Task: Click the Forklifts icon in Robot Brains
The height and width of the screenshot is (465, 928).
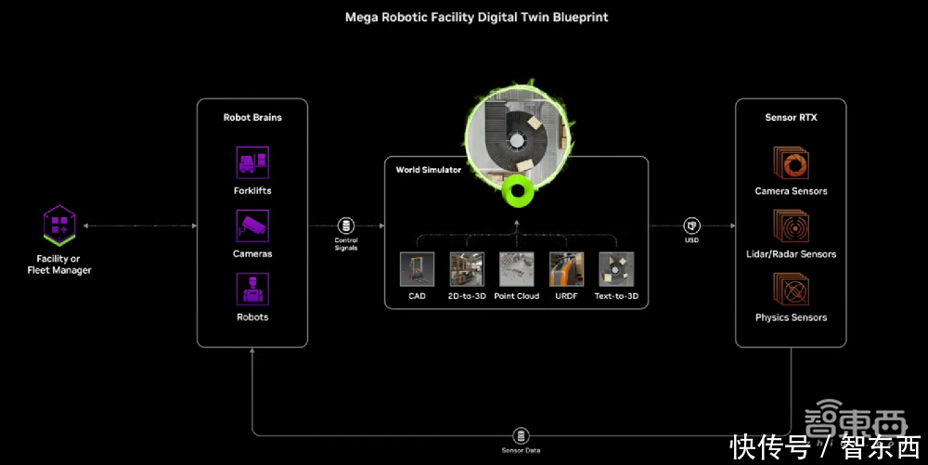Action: [x=252, y=162]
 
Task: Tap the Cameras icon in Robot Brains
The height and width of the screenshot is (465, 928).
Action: [x=252, y=226]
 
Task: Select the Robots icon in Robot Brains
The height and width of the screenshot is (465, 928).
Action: [x=252, y=289]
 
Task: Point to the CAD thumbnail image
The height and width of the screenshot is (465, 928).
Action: [x=417, y=269]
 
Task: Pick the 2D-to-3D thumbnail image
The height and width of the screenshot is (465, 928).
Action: [x=467, y=269]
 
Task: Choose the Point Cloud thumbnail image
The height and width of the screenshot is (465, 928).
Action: [x=517, y=269]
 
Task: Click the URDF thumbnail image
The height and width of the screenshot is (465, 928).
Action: [x=567, y=269]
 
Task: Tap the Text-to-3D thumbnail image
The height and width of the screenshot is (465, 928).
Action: [x=616, y=269]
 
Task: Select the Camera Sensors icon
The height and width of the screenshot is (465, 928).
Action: [x=792, y=163]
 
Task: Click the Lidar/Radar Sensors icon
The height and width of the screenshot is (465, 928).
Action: [x=792, y=226]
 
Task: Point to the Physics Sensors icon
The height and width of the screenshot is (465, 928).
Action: [x=792, y=290]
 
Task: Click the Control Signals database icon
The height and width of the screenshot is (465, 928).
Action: [x=346, y=226]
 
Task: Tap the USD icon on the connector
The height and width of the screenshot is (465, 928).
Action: [x=691, y=226]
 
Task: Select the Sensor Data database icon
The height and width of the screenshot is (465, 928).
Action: [x=521, y=435]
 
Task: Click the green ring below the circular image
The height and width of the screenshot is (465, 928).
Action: [x=516, y=194]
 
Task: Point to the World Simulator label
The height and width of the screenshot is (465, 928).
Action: [x=429, y=170]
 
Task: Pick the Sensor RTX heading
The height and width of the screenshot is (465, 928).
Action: [x=791, y=118]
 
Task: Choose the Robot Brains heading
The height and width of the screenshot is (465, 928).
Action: [x=252, y=118]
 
